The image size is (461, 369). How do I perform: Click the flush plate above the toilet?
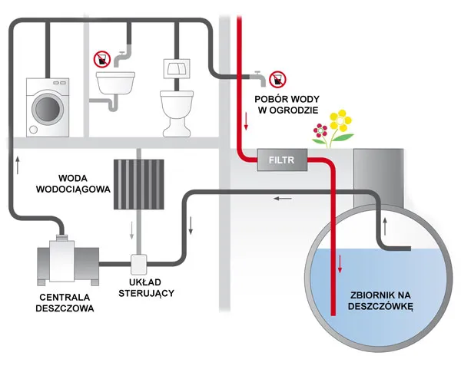tap(175, 68)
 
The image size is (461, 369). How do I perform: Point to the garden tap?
tap(257, 76)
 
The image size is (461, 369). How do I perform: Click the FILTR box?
tap(281, 161)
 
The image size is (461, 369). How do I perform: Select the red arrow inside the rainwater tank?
tap(339, 265)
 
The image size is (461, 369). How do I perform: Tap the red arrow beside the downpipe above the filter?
tap(247, 120)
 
